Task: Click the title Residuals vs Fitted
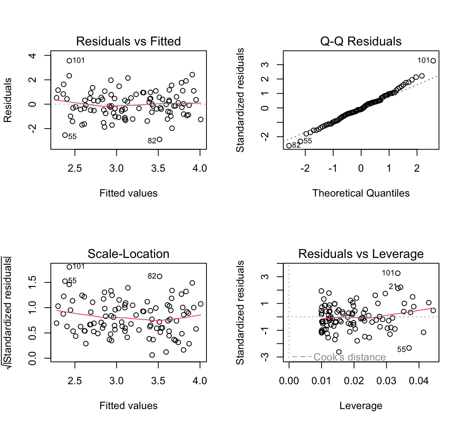(128, 41)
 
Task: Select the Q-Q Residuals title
(361, 41)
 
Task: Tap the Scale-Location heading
(128, 254)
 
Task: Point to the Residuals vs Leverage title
(361, 254)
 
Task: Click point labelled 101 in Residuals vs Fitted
(69, 61)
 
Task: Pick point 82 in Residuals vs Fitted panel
(159, 139)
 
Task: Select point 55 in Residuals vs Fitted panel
(65, 135)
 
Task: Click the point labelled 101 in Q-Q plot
(433, 61)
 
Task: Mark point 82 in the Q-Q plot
(289, 146)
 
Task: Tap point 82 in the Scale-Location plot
(159, 277)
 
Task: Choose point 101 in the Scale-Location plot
(69, 267)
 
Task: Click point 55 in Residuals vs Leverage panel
(409, 348)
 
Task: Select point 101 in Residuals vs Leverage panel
(398, 273)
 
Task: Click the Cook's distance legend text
(349, 357)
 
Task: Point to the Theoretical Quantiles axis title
(361, 193)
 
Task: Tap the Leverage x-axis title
(361, 406)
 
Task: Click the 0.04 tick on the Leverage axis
(419, 381)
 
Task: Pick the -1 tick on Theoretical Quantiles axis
(332, 168)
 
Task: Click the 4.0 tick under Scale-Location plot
(200, 381)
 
